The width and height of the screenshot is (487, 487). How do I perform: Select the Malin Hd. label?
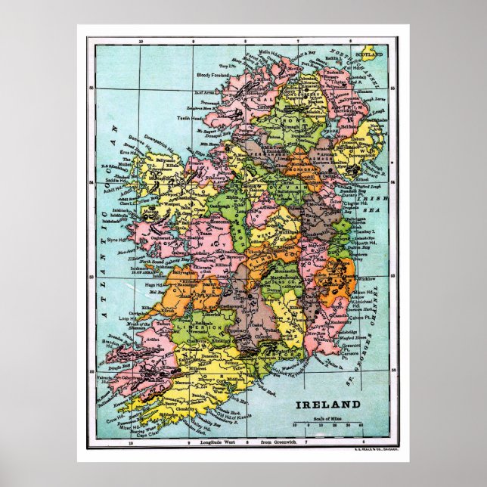point(269,53)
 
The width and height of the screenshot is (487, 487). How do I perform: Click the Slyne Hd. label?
point(120,239)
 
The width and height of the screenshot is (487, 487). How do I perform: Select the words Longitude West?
point(216,441)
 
